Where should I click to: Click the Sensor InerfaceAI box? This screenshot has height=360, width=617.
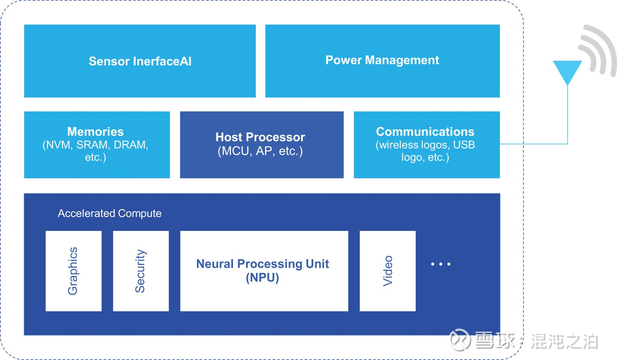pyautogui.click(x=140, y=61)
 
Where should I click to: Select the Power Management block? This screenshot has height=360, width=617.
pyautogui.click(x=383, y=61)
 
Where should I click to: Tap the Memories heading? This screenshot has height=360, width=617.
pyautogui.click(x=96, y=132)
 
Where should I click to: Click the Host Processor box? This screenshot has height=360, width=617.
pyautogui.click(x=262, y=145)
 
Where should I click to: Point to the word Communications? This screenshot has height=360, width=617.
pyautogui.click(x=425, y=132)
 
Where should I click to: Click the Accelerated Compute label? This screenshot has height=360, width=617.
pyautogui.click(x=110, y=213)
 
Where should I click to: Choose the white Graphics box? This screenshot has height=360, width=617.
pyautogui.click(x=73, y=271)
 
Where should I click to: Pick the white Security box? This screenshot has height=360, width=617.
pyautogui.click(x=141, y=271)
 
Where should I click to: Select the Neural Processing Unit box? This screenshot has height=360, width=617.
pyautogui.click(x=264, y=271)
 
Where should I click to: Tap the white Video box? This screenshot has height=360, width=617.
pyautogui.click(x=387, y=271)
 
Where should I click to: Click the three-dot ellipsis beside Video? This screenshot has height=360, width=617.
pyautogui.click(x=441, y=264)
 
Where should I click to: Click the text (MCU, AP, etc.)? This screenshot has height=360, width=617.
pyautogui.click(x=260, y=151)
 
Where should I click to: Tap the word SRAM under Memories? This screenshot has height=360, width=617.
pyautogui.click(x=92, y=145)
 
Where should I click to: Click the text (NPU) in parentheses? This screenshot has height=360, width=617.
pyautogui.click(x=262, y=278)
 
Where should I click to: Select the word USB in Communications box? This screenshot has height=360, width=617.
pyautogui.click(x=464, y=145)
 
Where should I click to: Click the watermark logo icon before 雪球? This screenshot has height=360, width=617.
pyautogui.click(x=459, y=340)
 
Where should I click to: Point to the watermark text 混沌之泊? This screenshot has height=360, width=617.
pyautogui.click(x=565, y=342)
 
